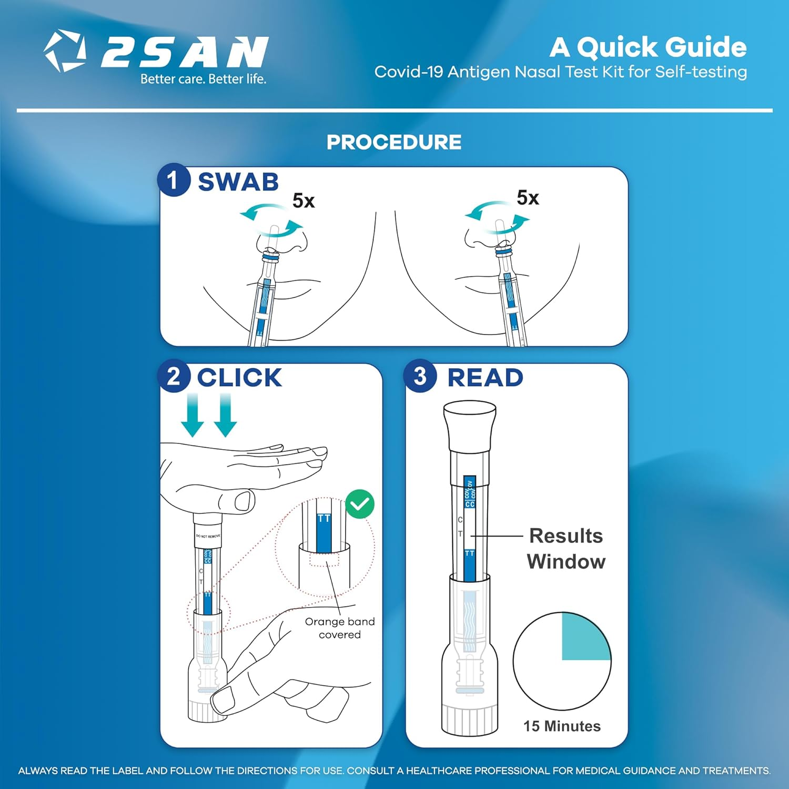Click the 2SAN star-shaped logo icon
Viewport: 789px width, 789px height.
tap(65, 51)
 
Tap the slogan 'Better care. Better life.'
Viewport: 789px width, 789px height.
tap(203, 79)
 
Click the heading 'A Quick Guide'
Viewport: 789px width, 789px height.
tap(648, 47)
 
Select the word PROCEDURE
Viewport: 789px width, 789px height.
tap(394, 142)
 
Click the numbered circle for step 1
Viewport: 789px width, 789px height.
tap(173, 180)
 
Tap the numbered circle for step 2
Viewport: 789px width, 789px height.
tap(173, 377)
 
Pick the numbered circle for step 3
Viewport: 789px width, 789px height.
tap(419, 377)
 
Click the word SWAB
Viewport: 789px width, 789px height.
tap(238, 182)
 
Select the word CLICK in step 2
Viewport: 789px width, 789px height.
tap(239, 378)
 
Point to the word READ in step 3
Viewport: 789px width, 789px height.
tap(485, 378)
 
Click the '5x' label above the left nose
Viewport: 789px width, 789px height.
tap(304, 201)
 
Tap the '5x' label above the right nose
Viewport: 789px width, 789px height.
tap(528, 198)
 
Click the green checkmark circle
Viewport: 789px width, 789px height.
tap(360, 504)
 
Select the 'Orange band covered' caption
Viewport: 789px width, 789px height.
tap(340, 628)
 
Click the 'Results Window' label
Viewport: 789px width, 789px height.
tap(566, 549)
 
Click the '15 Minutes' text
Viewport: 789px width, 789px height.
tap(562, 726)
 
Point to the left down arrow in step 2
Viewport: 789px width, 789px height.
tap(193, 416)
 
